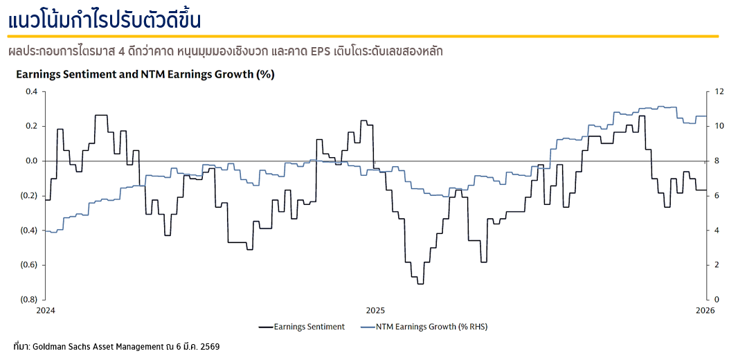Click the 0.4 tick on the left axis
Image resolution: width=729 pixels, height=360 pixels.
(x=32, y=91)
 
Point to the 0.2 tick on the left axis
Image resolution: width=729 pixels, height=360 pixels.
(x=32, y=126)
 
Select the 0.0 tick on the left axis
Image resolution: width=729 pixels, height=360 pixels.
(x=32, y=161)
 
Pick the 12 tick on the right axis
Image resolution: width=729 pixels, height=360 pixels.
(x=719, y=91)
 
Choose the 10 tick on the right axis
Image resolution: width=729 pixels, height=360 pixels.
(x=719, y=126)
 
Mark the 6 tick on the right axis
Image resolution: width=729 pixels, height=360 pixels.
(x=717, y=195)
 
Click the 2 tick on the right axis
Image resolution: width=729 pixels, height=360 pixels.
(x=717, y=264)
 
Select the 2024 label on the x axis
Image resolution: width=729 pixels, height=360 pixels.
(x=45, y=309)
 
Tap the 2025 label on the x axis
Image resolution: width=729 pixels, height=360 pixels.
(x=375, y=309)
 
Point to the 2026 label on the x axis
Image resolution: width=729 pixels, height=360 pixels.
(x=705, y=309)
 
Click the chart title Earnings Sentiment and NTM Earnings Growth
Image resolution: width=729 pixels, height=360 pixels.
(x=145, y=75)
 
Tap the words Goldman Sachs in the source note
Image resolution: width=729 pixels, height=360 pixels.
(x=62, y=345)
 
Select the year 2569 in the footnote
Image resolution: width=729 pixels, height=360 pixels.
(x=210, y=345)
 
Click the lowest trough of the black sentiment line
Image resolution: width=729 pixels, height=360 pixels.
(x=420, y=283)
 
